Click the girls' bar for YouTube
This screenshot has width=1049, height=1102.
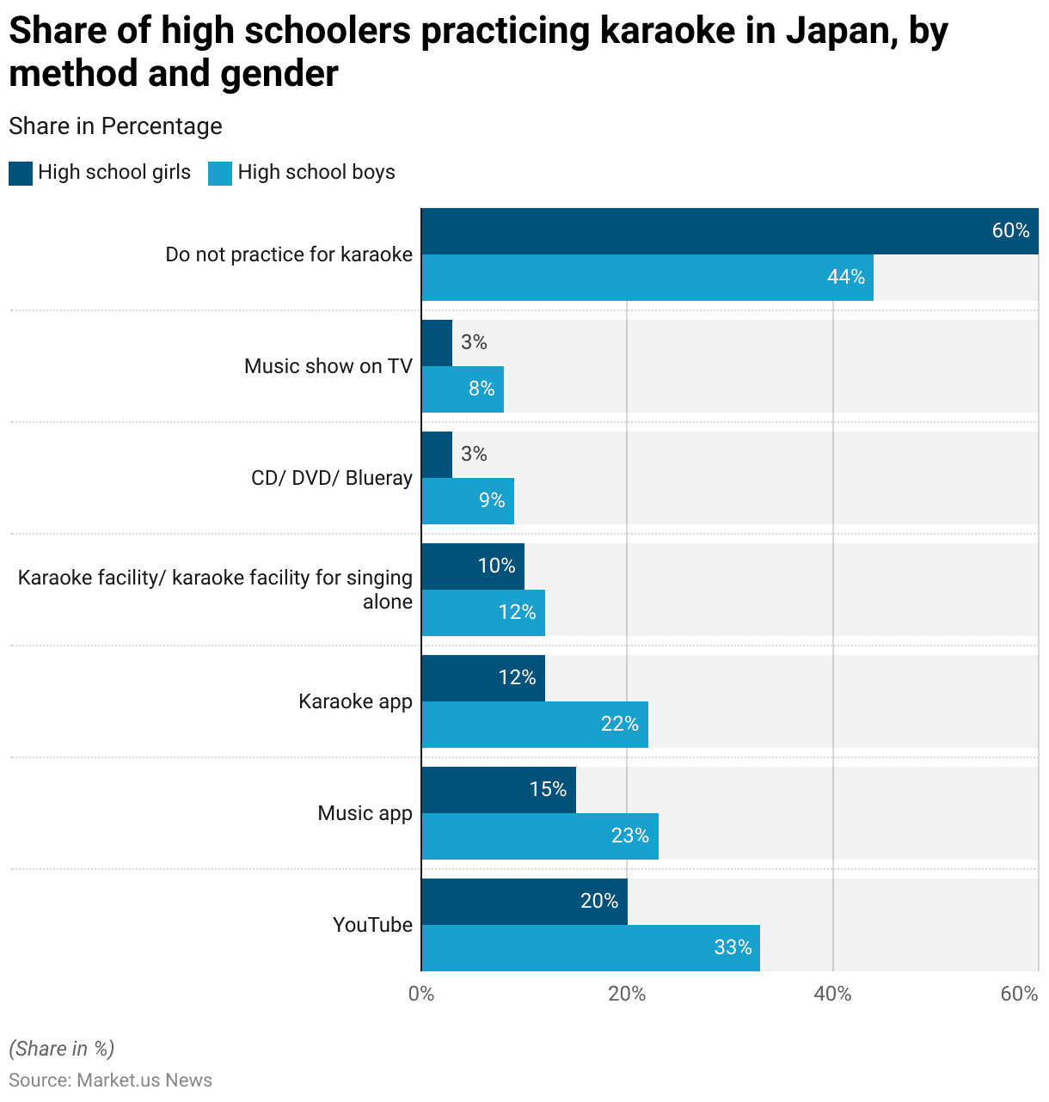pos(524,902)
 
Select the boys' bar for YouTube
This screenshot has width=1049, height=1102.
pos(591,948)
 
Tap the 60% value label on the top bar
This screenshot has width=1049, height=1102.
pos(1010,230)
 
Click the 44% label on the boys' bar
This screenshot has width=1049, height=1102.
pos(846,277)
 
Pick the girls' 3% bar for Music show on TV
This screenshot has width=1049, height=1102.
pos(437,343)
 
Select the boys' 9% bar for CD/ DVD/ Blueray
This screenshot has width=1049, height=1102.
pos(468,501)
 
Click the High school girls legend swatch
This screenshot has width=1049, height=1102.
pos(21,173)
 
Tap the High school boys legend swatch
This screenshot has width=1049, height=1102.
pos(220,173)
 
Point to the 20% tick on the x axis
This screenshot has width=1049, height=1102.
pos(627,995)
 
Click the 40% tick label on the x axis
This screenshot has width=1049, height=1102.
pos(832,995)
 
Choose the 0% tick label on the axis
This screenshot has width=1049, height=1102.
pos(421,995)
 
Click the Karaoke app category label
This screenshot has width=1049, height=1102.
pos(355,701)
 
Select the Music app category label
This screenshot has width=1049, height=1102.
pos(365,813)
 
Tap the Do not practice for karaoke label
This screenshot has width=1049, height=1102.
pos(289,254)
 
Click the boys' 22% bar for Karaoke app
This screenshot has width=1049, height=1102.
pos(535,725)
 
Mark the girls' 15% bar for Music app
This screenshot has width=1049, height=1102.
pos(499,790)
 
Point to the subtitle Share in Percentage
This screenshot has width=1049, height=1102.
pos(115,126)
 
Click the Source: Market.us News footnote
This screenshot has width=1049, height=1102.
pos(110,1081)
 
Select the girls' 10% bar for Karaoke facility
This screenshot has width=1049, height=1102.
pos(473,566)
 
